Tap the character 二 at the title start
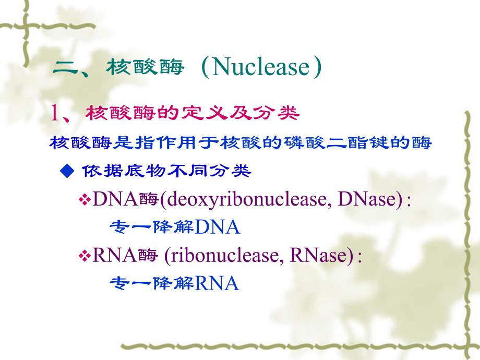point(66,68)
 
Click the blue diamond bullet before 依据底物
point(65,171)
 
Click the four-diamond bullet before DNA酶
point(85,200)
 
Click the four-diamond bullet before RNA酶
point(85,256)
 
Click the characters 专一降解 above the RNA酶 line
point(152,227)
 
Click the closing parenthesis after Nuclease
point(316,68)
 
